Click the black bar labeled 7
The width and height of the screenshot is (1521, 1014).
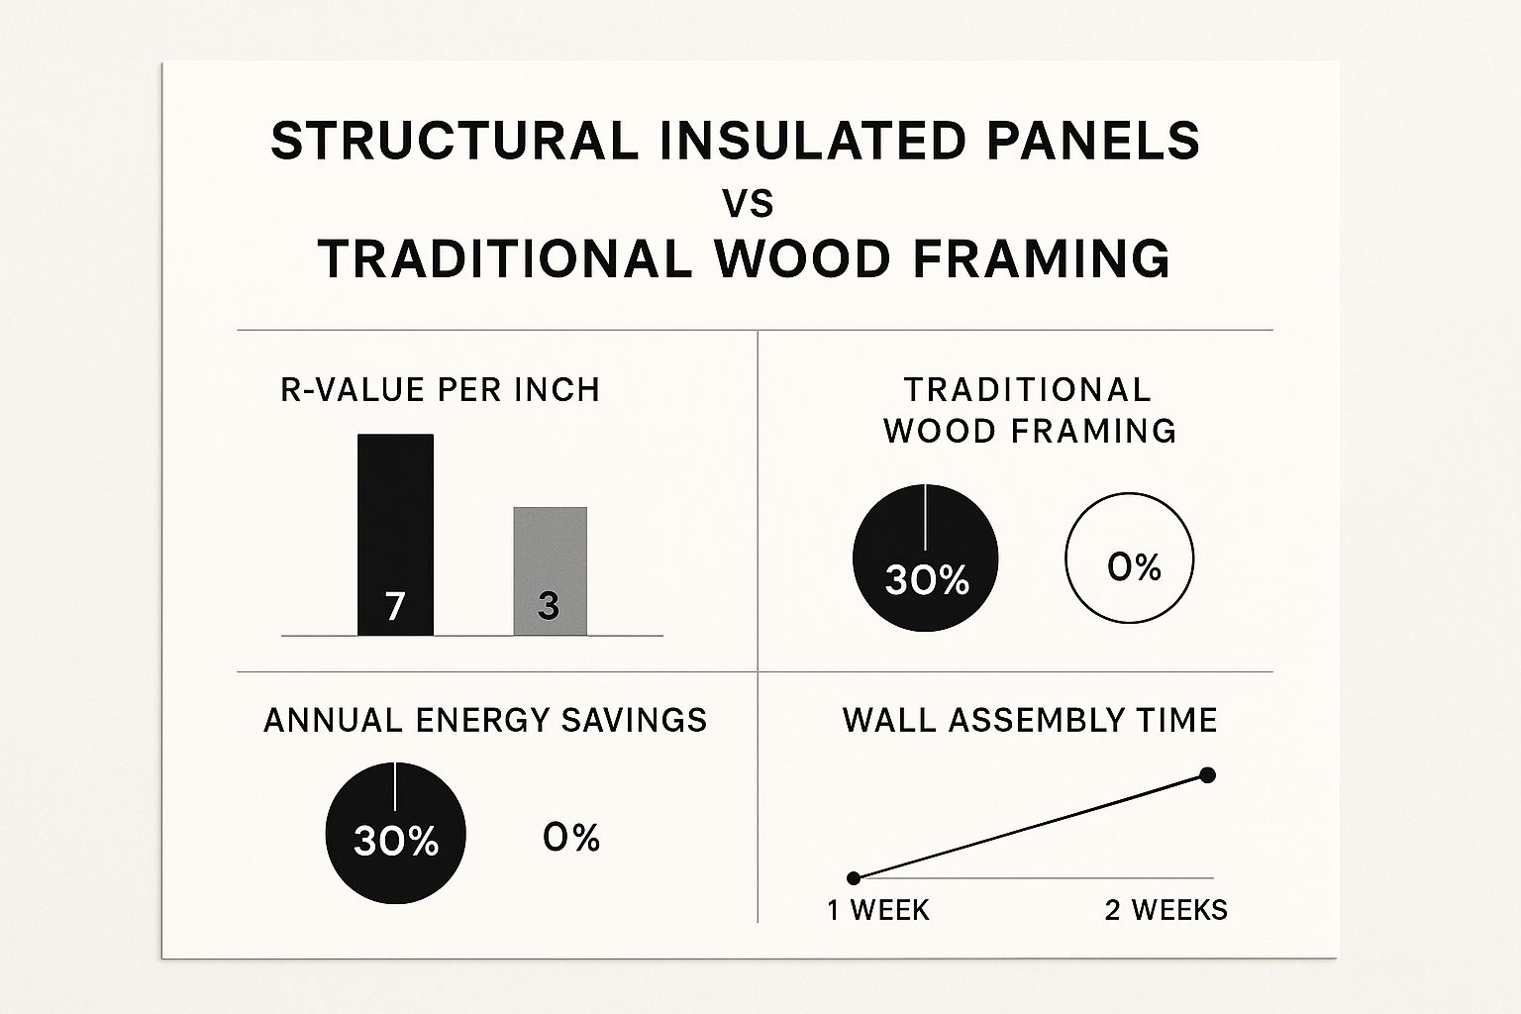[x=395, y=535]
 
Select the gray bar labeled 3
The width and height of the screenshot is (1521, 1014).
[x=550, y=571]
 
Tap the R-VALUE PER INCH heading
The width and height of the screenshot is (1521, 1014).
[x=440, y=390]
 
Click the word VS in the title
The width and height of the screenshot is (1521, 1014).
[x=749, y=204]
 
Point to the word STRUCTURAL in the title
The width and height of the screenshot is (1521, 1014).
[x=455, y=141]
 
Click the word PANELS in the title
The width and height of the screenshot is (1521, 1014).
[x=1093, y=141]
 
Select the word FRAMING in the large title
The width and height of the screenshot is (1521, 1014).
[x=1042, y=258]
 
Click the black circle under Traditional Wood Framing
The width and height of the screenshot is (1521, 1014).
[x=926, y=558]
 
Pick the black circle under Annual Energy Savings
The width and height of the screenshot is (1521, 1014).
[x=396, y=833]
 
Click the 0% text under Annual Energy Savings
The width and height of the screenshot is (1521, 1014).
[x=571, y=838]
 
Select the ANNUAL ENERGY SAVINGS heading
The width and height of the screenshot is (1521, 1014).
[x=485, y=720]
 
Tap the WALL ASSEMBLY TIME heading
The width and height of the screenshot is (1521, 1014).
[x=1030, y=720]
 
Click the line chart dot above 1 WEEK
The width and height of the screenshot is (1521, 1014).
[x=855, y=878]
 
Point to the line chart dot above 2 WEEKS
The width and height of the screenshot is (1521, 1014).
[x=1207, y=775]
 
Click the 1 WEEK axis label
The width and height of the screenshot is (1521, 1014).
[x=878, y=910]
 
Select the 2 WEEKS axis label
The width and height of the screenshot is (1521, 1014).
[x=1166, y=910]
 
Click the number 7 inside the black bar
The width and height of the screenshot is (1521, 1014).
[x=395, y=606]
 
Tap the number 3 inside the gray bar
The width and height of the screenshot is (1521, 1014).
[x=549, y=605]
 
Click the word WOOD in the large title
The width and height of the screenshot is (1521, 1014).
[x=802, y=258]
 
